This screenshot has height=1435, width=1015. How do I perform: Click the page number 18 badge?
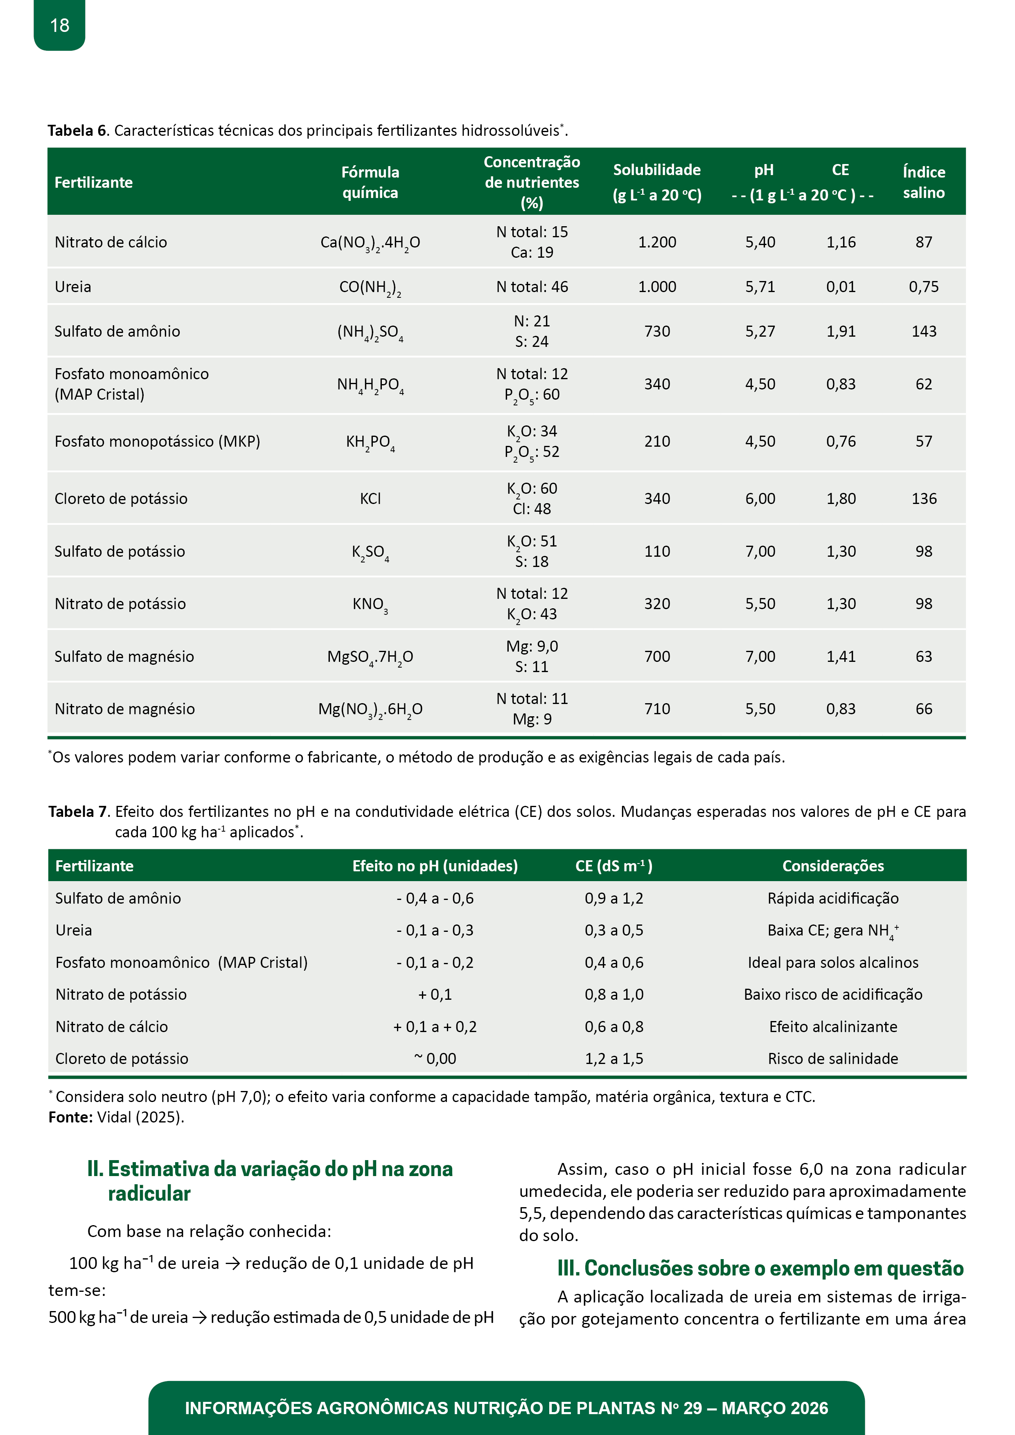pyautogui.click(x=59, y=25)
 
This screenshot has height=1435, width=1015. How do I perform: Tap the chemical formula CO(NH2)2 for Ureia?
pyautogui.click(x=370, y=288)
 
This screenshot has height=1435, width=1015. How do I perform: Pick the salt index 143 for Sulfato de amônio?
pyautogui.click(x=924, y=331)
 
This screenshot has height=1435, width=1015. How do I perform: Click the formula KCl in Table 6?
pyautogui.click(x=370, y=499)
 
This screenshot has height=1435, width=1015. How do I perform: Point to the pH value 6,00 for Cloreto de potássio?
pyautogui.click(x=760, y=499)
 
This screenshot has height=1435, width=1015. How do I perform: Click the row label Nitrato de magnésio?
pyautogui.click(x=124, y=709)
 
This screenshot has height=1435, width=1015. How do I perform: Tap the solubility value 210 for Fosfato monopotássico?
pyautogui.click(x=656, y=441)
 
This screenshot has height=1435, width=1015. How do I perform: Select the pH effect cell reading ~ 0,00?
pyautogui.click(x=435, y=1058)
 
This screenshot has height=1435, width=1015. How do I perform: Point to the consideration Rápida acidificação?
pyautogui.click(x=832, y=898)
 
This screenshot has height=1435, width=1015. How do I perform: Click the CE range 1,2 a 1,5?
pyautogui.click(x=614, y=1058)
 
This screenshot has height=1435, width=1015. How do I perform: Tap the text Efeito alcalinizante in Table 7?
pyautogui.click(x=832, y=1026)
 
